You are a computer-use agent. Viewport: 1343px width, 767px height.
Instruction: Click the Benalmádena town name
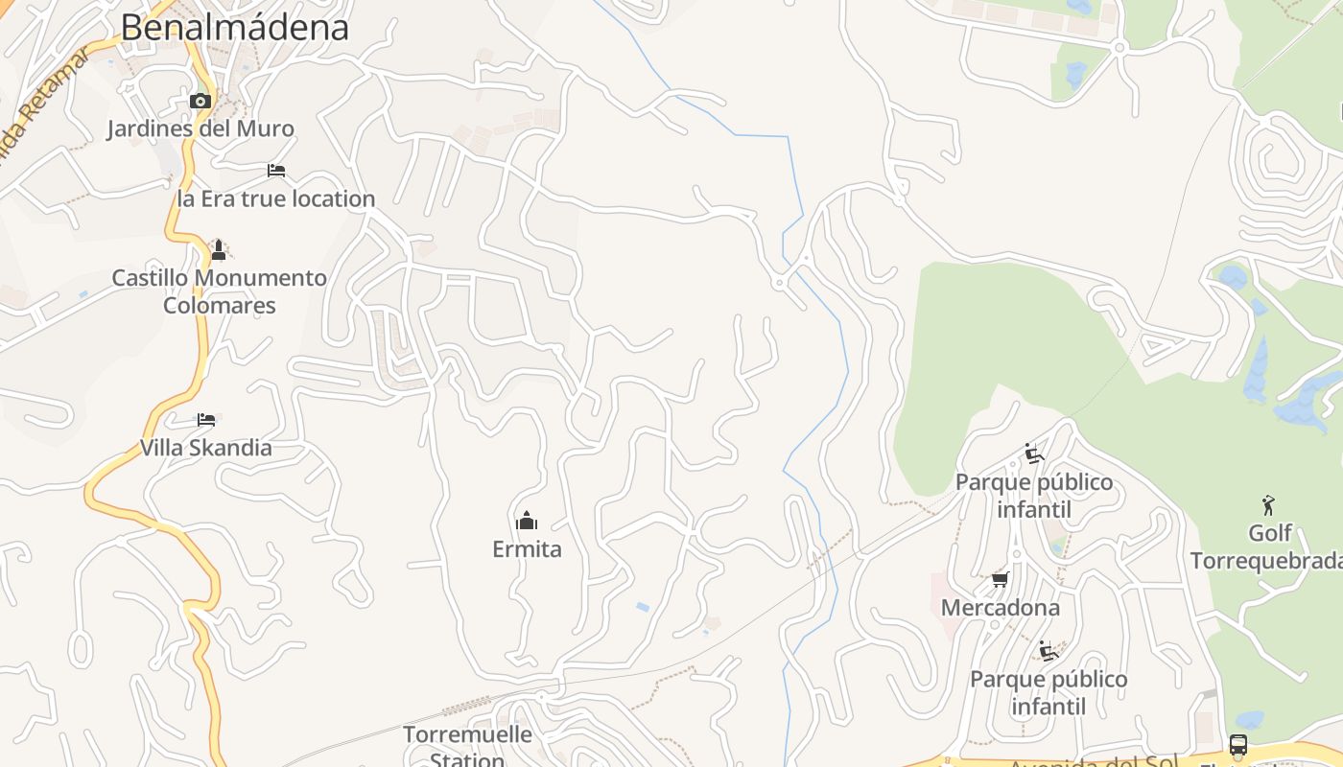[x=235, y=28]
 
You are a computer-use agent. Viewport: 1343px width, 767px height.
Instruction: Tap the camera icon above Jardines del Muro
[x=200, y=101]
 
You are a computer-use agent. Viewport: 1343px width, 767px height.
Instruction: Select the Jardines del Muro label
[x=200, y=128]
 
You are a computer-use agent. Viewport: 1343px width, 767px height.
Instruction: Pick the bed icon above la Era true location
[x=276, y=171]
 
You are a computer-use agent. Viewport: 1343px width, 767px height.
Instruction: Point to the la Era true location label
[x=276, y=199]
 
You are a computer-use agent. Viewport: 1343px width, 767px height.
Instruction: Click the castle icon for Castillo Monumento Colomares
[x=219, y=250]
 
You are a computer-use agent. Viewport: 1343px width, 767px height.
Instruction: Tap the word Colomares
[x=220, y=306]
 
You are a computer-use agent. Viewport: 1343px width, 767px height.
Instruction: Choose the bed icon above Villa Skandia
[x=206, y=420]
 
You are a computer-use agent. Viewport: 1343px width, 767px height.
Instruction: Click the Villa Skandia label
[x=206, y=448]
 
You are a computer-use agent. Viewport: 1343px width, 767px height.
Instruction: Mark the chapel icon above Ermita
[x=527, y=522]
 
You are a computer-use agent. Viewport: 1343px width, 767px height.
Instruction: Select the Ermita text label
[x=527, y=549]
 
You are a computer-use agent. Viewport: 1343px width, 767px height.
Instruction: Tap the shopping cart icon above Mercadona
[x=1001, y=580]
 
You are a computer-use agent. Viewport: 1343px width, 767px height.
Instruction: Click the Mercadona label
[x=1001, y=608]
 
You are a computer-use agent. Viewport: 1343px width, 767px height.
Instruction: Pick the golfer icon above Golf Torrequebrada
[x=1269, y=504]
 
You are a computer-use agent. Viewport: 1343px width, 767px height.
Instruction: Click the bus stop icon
[x=1238, y=745]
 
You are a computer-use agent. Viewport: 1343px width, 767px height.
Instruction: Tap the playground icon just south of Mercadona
[x=1048, y=652]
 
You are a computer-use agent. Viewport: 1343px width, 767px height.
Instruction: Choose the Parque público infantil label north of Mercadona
[x=1034, y=495]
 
